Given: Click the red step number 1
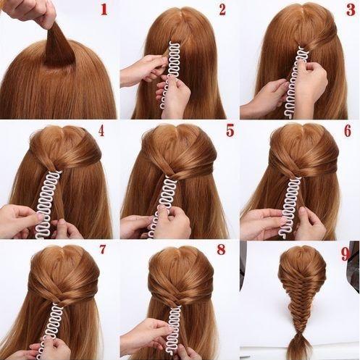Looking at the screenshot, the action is [x=104, y=9].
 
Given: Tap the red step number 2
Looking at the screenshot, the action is [x=222, y=9].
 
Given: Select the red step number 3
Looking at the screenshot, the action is [x=351, y=9].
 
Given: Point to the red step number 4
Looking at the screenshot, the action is [x=101, y=130].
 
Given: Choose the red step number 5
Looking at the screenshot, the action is [x=230, y=130].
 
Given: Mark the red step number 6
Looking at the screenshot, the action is [x=348, y=130].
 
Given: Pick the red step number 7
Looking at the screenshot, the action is [x=103, y=249].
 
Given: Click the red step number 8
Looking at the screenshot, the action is [x=221, y=249].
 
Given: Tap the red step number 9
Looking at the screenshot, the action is [x=346, y=254].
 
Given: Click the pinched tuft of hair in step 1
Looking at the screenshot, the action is [x=59, y=45].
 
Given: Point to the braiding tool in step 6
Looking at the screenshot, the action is [x=291, y=206].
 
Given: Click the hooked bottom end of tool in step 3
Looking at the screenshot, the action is [x=289, y=113].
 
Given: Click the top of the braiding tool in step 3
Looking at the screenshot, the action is [x=302, y=49].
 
